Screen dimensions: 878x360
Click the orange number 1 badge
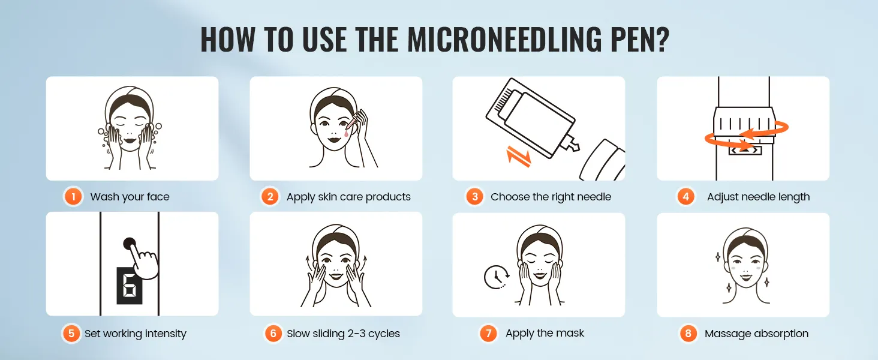73,196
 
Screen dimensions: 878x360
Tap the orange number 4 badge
685,196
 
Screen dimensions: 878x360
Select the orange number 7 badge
488,334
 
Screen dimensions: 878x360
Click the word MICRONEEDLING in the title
504,40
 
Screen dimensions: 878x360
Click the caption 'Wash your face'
130,197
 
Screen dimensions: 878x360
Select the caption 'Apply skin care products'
348,197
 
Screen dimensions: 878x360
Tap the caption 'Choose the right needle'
551,197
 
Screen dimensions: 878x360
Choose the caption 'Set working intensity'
135,334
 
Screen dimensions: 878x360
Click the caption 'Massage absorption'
756,334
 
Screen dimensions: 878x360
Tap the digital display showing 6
130,286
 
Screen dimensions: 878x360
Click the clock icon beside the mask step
497,277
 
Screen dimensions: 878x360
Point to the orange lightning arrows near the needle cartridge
518,156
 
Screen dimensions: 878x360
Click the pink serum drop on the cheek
346,133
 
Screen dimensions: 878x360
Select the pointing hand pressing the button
143,259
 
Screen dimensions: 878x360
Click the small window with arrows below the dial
745,150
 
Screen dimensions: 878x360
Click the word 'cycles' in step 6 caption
384,334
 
